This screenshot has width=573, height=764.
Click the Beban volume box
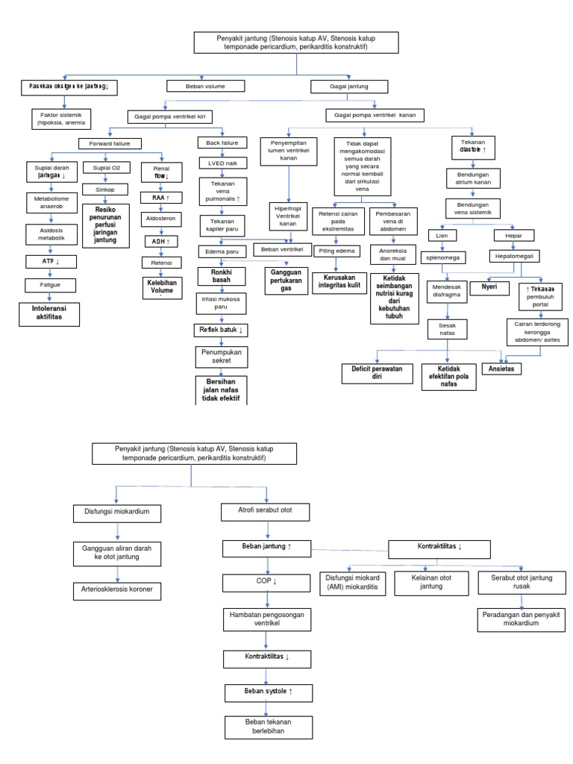point(204,87)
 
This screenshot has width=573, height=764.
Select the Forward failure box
point(110,143)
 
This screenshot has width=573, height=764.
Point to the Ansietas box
point(501,369)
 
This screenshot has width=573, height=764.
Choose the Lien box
point(442,236)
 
